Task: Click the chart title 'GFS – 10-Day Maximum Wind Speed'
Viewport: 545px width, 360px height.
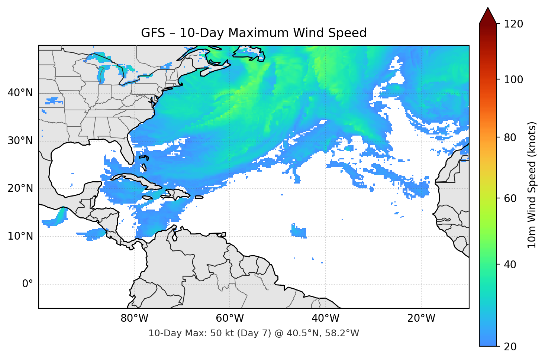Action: coord(254,33)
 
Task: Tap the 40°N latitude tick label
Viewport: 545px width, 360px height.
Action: coord(20,93)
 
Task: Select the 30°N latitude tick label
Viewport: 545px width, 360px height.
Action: coord(20,141)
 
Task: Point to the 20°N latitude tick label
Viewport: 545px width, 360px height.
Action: coord(20,188)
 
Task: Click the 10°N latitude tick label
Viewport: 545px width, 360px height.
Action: coord(20,236)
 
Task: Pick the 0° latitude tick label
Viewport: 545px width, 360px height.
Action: coord(27,284)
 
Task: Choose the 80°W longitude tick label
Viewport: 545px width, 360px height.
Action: coord(134,318)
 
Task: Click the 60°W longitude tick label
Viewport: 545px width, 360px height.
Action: coord(230,318)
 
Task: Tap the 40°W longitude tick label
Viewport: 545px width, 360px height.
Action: coord(325,318)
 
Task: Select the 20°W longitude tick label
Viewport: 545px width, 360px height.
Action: coord(421,318)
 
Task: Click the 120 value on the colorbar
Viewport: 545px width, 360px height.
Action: coord(513,24)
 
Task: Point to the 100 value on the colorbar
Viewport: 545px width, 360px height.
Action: coord(513,80)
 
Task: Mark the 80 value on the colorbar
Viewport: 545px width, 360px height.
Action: coord(510,137)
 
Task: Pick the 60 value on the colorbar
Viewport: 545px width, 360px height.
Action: coord(510,198)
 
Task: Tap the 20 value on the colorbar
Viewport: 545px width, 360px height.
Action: coord(510,347)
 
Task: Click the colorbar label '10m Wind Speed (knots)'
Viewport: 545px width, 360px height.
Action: coord(532,185)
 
